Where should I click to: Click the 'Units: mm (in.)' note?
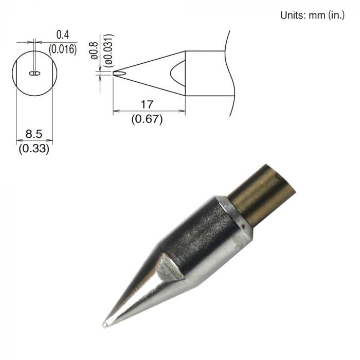coord(312,15)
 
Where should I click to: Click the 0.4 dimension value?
coord(62,34)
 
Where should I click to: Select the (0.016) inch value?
coord(63,49)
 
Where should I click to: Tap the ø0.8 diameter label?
coord(94,50)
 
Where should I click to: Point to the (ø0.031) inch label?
coord(109,50)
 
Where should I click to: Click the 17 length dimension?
coord(147,104)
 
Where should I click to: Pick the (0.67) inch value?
coord(147,119)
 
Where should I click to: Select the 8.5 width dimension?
coord(34,134)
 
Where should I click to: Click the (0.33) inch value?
coord(34,149)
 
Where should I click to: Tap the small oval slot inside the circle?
coord(34,73)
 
